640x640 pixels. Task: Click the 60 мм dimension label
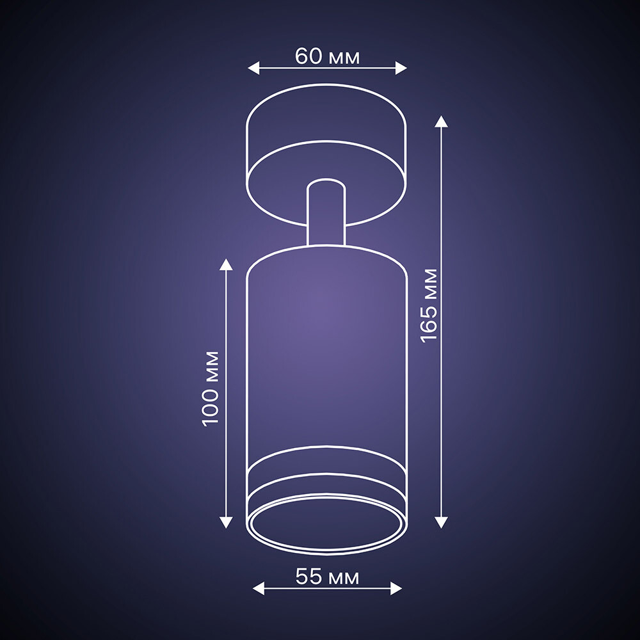pos(327,56)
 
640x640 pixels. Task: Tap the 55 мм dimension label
pos(327,577)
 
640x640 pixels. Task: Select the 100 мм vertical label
pos(211,389)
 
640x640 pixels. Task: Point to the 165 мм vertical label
pos(429,306)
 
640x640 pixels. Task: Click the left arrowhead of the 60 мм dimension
pos(253,68)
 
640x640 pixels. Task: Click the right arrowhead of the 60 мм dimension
pos(401,68)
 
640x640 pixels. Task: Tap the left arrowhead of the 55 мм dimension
pos(259,589)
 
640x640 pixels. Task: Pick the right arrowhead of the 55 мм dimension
pos(396,589)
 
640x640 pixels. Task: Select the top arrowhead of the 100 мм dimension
pos(226,264)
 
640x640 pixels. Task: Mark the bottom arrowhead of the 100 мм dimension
pos(226,523)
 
